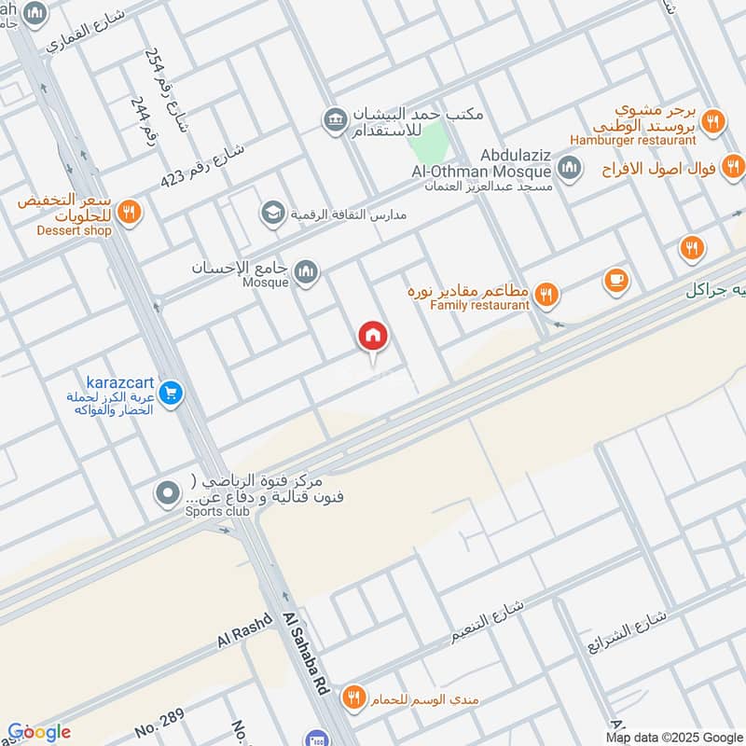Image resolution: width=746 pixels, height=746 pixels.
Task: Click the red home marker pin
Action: (x=373, y=336)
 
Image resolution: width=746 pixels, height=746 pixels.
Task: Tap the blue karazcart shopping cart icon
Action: (x=169, y=393)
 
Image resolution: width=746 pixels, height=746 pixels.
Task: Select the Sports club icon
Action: (x=168, y=493)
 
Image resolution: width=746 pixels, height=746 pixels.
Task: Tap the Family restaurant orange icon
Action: (x=547, y=296)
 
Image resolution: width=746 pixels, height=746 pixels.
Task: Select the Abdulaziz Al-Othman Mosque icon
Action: (x=568, y=169)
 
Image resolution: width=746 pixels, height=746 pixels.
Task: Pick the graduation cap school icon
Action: (x=272, y=214)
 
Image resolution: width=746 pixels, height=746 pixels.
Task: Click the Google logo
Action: (x=38, y=732)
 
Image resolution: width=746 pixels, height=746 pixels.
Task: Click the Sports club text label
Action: (x=216, y=511)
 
